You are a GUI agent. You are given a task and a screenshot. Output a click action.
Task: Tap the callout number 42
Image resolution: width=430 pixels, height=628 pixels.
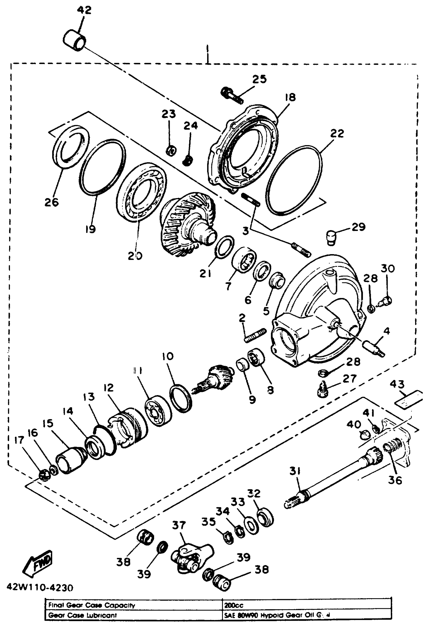(84, 10)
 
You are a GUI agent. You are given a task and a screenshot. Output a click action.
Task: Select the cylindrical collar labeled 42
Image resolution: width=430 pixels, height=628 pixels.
(75, 40)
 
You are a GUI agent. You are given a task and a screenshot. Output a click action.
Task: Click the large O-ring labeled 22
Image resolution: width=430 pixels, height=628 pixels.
(294, 180)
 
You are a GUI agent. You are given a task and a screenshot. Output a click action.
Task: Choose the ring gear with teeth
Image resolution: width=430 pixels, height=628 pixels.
(187, 224)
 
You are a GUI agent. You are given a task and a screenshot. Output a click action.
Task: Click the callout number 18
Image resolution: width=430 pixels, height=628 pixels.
(290, 97)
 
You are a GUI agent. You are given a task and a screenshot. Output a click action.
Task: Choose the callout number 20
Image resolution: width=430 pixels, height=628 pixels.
(135, 255)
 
